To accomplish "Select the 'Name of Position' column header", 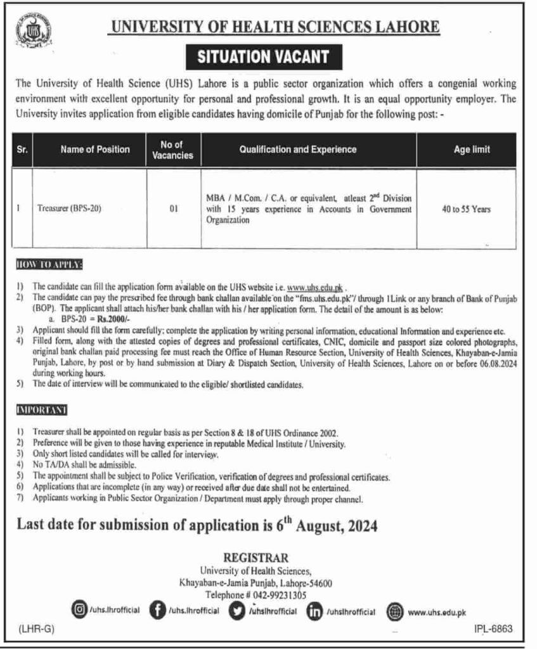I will point(95,150).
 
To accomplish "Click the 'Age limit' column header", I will point(472,150).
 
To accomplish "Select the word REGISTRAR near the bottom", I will point(260,558).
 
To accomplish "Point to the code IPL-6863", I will point(492,628).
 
